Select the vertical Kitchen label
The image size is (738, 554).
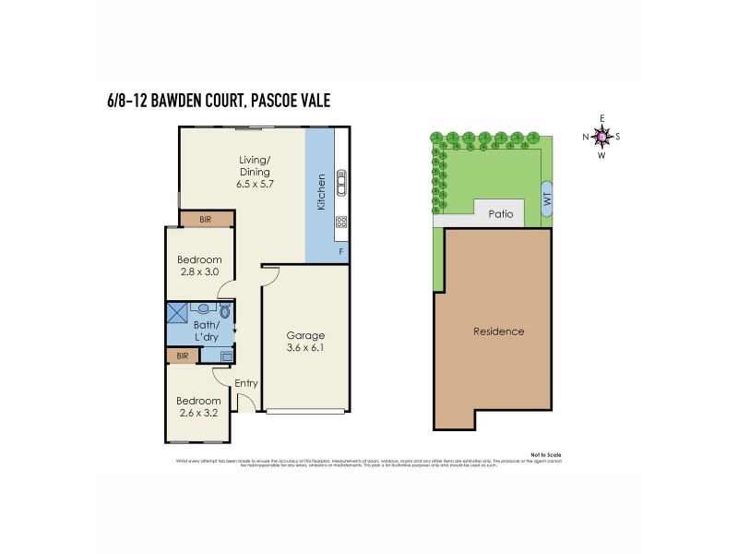coord(321,192)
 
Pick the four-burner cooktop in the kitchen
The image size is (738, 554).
coord(340,222)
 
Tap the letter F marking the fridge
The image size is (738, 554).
coord(340,250)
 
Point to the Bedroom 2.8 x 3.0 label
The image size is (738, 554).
coord(199,266)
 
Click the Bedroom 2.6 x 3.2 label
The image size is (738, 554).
coord(199,406)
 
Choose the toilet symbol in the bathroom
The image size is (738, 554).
coord(225,312)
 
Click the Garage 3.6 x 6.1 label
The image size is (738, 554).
coord(305,342)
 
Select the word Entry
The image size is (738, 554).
coord(246,383)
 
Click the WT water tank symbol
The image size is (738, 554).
coord(546,199)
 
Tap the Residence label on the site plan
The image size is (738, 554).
coord(498,331)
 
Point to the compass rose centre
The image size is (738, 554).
coord(601,137)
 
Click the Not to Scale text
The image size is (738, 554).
coord(545,455)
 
